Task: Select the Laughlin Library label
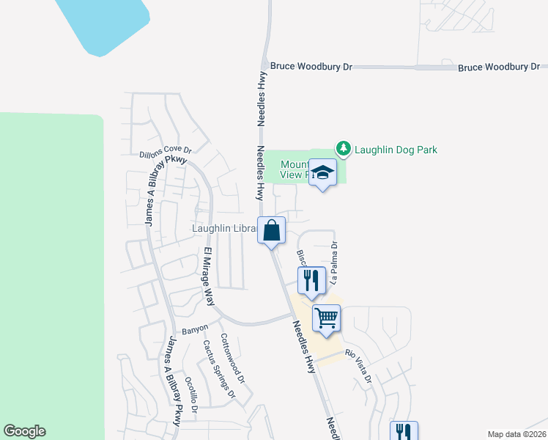point(224,229)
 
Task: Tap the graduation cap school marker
point(322,173)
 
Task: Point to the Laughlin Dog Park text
point(396,150)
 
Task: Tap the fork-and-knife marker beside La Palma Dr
point(311,280)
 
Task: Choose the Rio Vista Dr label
point(360,366)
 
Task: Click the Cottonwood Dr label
point(232,360)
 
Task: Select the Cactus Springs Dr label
point(218,370)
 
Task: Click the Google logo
point(24,431)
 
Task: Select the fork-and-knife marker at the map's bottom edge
point(403,432)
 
